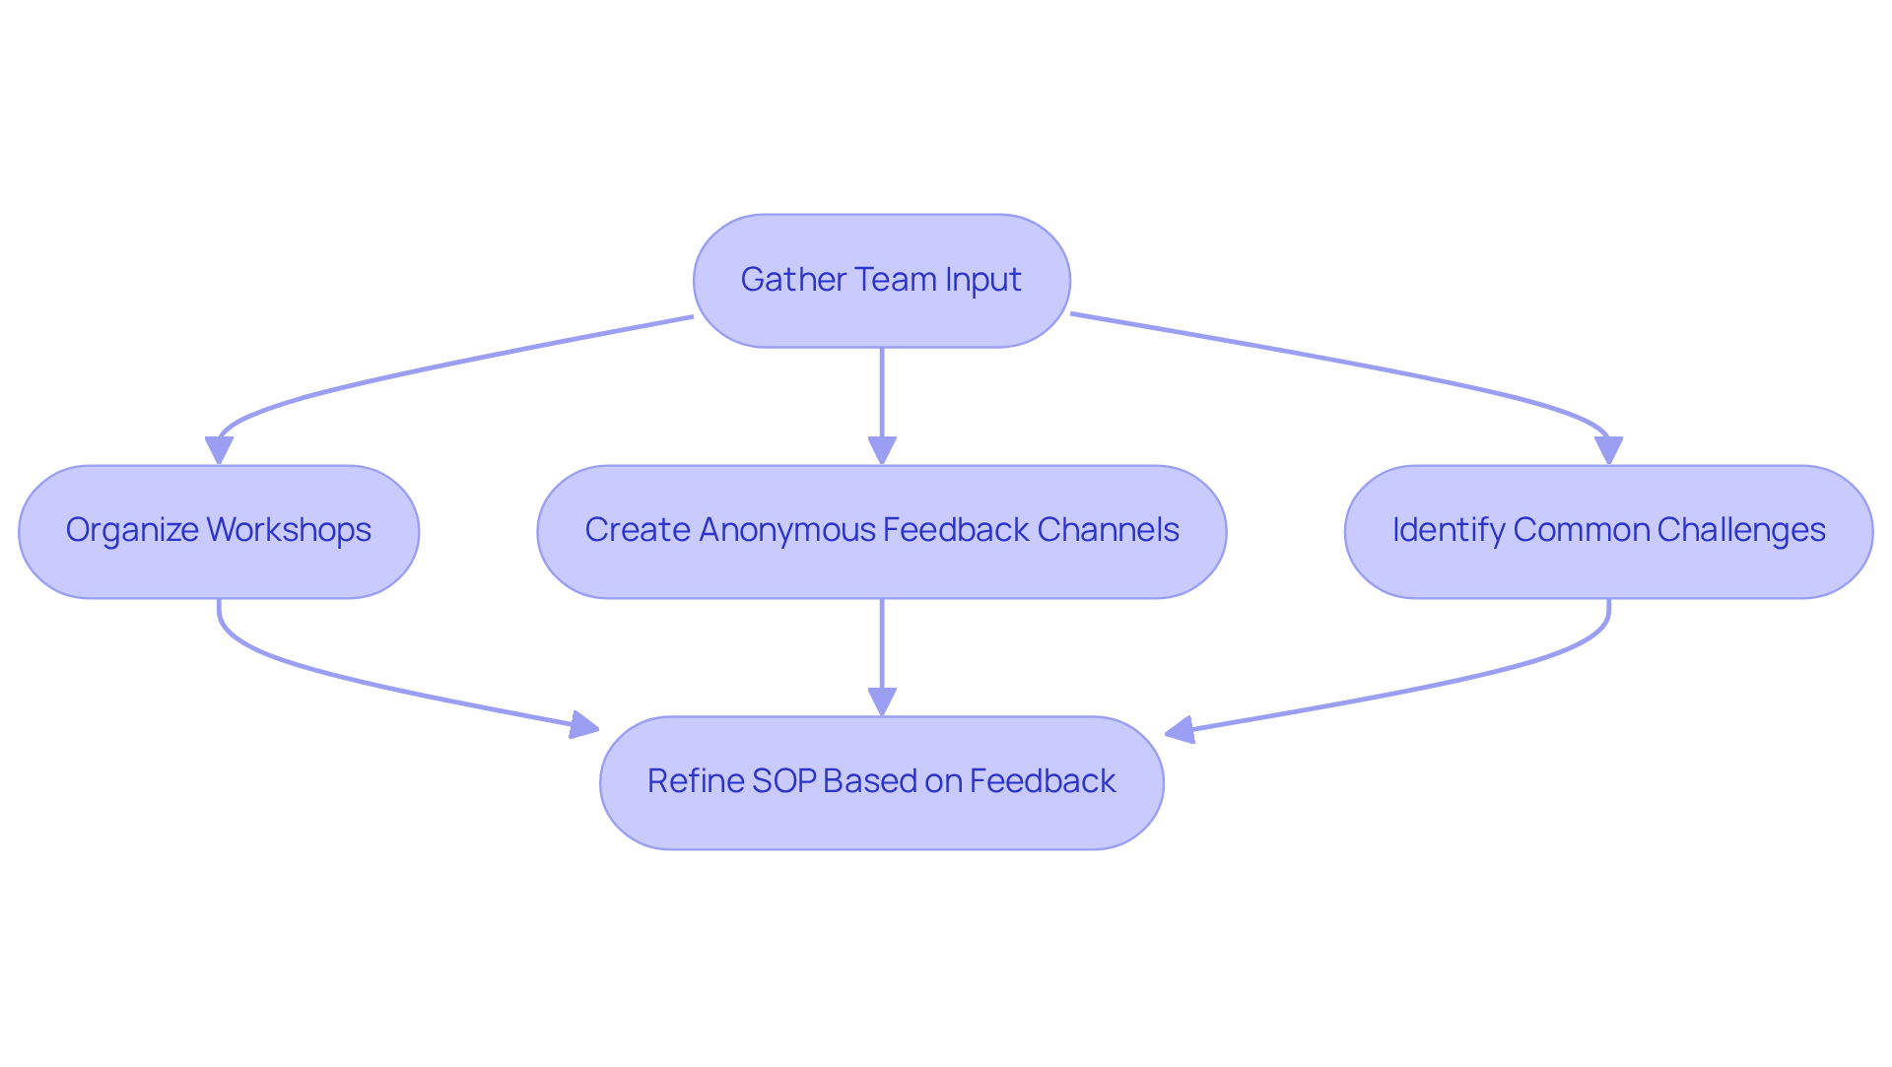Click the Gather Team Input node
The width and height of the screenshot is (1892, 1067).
[x=881, y=281]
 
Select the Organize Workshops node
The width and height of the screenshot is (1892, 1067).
[x=219, y=532]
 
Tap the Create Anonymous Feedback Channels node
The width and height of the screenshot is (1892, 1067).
[x=881, y=532]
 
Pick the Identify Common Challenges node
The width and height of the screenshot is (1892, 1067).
[x=1608, y=532]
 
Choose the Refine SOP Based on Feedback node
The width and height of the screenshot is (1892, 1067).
[x=881, y=783]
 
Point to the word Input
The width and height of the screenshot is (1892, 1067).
[x=982, y=281]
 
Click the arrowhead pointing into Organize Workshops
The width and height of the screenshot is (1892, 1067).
[x=219, y=451]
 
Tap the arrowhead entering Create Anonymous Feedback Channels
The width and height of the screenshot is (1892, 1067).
[x=881, y=451]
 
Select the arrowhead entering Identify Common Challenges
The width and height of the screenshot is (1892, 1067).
[x=1608, y=451]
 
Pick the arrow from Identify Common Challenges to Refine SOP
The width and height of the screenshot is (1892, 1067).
[x=1429, y=685]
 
